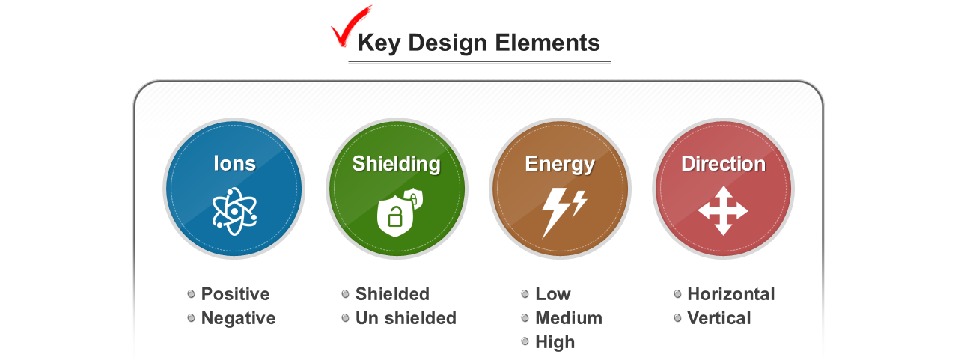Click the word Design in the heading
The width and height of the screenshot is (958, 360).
click(448, 43)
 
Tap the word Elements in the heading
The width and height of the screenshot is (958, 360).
click(547, 43)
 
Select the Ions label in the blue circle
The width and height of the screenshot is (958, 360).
click(234, 163)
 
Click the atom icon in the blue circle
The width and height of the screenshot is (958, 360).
click(234, 211)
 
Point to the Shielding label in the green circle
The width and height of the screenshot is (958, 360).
click(396, 164)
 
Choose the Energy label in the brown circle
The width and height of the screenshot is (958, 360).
click(560, 164)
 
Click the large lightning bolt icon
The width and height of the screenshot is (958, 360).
click(555, 212)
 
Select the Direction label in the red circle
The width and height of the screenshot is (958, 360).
click(723, 164)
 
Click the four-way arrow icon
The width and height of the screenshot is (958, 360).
click(723, 211)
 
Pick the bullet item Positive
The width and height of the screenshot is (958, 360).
click(235, 294)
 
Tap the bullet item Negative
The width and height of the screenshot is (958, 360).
click(238, 318)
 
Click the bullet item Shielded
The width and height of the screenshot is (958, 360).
click(392, 294)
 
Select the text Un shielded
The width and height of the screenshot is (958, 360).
click(406, 318)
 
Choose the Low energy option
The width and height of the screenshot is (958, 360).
click(553, 294)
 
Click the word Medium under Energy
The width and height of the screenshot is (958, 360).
click(569, 318)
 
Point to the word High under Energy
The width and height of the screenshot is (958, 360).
click(555, 343)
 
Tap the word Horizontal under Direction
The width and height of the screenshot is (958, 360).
click(731, 294)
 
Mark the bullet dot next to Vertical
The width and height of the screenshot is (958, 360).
click(677, 318)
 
